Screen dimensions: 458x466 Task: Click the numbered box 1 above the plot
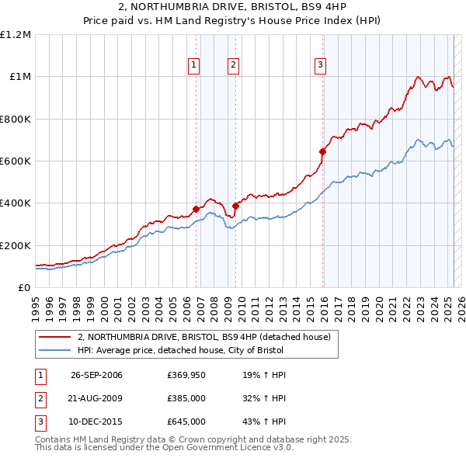(193, 66)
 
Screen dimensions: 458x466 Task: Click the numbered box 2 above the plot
(233, 66)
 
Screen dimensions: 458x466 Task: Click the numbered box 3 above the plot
(320, 66)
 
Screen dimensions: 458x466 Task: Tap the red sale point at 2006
(196, 209)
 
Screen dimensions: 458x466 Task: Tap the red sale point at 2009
(236, 206)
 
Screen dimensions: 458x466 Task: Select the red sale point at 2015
(322, 152)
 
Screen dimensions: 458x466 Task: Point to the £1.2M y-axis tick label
(16, 35)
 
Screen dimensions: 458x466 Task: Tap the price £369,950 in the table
(186, 376)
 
